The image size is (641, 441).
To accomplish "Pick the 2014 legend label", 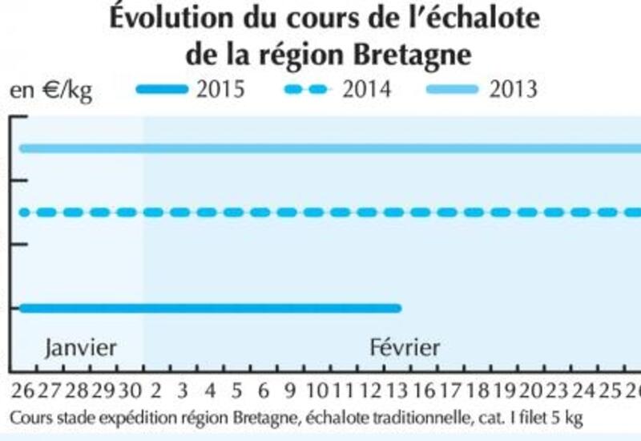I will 366,88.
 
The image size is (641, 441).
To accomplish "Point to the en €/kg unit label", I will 50,89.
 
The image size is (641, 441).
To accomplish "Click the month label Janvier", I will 81,347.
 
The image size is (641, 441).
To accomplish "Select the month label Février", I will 405,347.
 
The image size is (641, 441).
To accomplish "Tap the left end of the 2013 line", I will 22,148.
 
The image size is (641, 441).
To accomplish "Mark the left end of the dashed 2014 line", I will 22,212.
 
